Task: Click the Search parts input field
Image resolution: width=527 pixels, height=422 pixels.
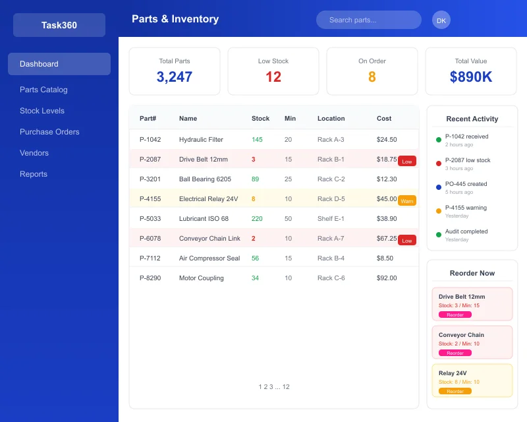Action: [368, 20]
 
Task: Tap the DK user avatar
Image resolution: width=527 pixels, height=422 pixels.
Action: [441, 20]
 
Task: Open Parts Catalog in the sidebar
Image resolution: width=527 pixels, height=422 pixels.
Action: [43, 90]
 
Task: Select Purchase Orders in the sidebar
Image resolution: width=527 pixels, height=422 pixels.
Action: [49, 132]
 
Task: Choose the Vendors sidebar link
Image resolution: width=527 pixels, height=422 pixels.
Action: [34, 153]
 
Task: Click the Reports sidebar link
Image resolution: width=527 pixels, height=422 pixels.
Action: [34, 174]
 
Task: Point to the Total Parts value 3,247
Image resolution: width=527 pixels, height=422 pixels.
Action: [175, 76]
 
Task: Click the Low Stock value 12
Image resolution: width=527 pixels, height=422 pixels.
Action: [273, 76]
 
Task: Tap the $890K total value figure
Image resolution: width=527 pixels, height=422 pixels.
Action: [471, 76]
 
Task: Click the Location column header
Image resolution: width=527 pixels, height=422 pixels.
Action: [331, 119]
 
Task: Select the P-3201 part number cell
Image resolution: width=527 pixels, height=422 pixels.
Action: [150, 179]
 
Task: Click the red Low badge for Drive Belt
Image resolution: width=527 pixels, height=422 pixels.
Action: [407, 162]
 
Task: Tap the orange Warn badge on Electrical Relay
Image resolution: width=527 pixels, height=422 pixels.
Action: [407, 200]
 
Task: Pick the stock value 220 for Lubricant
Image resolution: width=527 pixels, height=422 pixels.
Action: [257, 218]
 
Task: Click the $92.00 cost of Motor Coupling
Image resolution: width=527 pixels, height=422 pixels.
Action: [387, 278]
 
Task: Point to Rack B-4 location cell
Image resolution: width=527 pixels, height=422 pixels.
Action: [331, 258]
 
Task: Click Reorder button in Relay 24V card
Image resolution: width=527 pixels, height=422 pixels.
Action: [455, 391]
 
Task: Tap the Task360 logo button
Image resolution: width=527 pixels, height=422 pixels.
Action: [59, 25]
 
